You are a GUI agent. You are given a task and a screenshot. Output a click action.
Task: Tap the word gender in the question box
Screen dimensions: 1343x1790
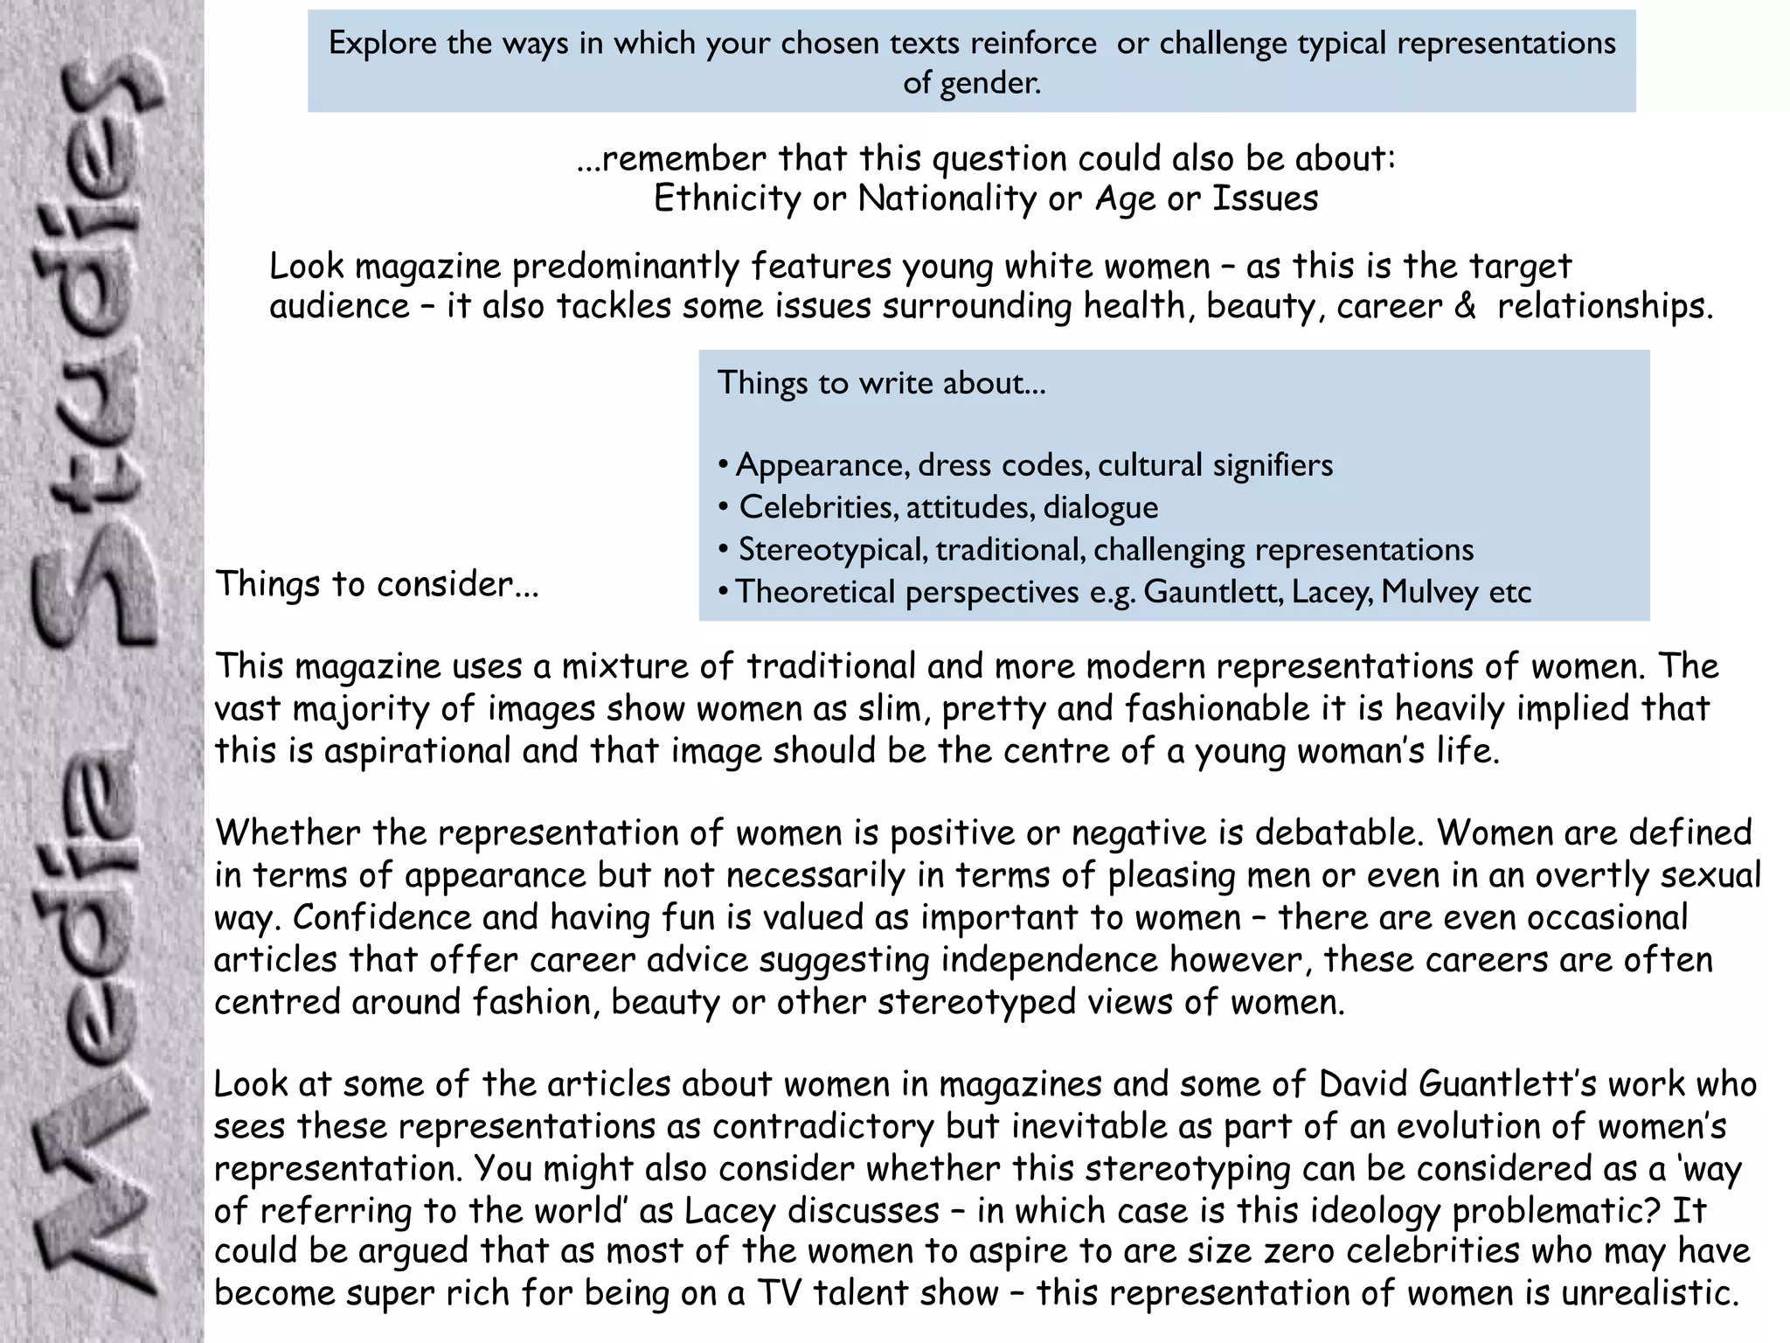(x=990, y=84)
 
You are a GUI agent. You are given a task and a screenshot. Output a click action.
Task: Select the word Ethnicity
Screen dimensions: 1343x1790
(x=727, y=199)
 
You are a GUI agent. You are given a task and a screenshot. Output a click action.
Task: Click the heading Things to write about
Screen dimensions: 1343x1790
(x=881, y=383)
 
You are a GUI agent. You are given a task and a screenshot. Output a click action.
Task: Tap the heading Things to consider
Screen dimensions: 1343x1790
(x=378, y=584)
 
